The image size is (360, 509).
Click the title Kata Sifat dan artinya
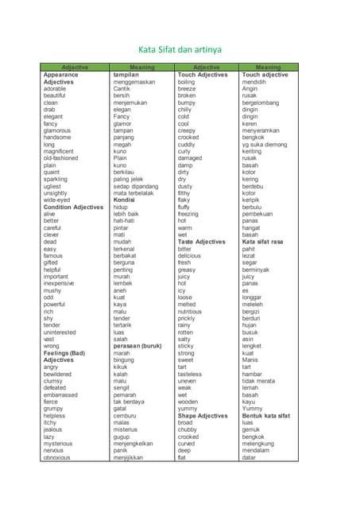click(180, 50)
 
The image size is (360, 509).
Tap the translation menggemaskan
click(134, 82)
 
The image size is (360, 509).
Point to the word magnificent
click(59, 151)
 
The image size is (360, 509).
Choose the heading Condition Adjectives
click(73, 207)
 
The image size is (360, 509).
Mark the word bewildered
click(58, 374)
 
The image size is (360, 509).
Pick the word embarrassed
click(61, 394)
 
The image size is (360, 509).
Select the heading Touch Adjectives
click(203, 75)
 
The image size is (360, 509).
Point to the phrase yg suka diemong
click(265, 144)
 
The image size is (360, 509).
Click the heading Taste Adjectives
click(202, 241)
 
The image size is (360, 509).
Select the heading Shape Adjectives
click(203, 415)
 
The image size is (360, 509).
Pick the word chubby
click(188, 429)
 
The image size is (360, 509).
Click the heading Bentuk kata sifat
click(266, 415)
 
